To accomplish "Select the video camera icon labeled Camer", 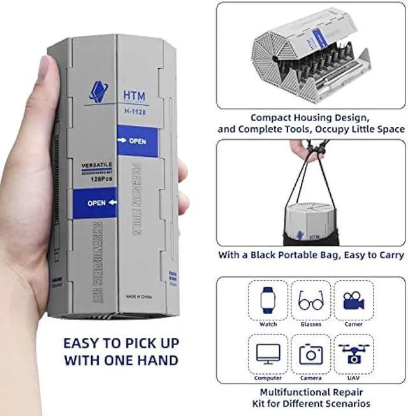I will (x=354, y=299).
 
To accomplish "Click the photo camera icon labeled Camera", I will (x=310, y=352).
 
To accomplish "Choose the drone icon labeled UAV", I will (x=354, y=352).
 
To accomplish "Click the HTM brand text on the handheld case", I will (x=130, y=94).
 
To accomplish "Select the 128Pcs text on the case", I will (x=94, y=181).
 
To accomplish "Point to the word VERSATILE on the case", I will (x=92, y=165).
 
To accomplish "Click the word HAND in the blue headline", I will (x=156, y=360).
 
